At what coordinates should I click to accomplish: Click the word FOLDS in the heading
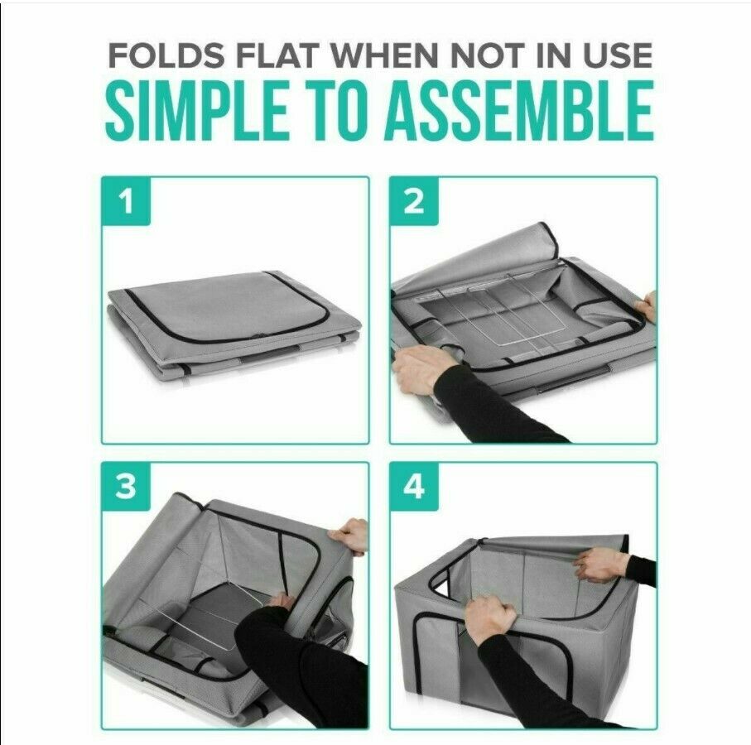(166, 55)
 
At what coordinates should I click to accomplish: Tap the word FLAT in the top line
(277, 55)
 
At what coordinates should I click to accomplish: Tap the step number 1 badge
(127, 201)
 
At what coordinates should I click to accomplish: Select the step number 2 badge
(414, 201)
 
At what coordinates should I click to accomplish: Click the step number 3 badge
(127, 487)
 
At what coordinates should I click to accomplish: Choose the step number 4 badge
(414, 487)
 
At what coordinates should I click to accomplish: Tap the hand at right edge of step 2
(646, 305)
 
